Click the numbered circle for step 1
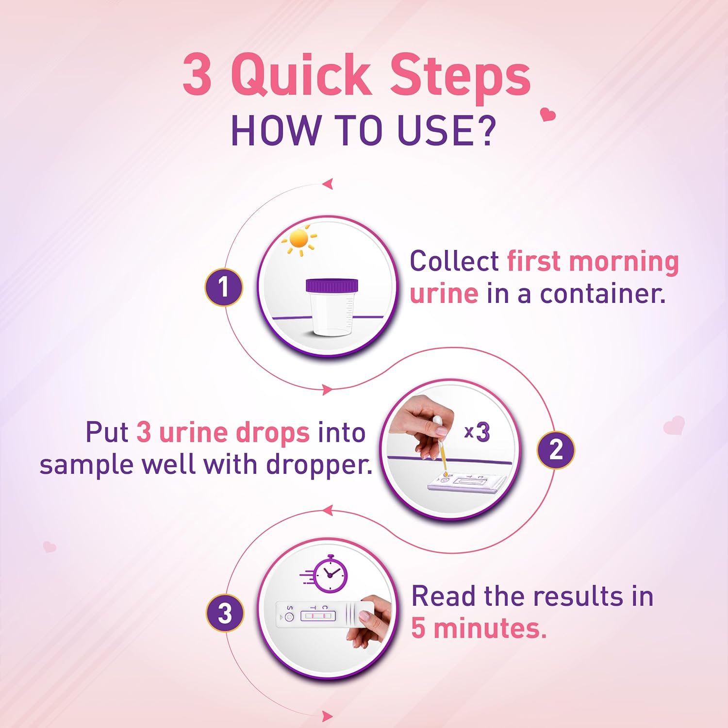[x=223, y=287]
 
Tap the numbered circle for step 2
[x=555, y=450]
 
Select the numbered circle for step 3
[x=225, y=613]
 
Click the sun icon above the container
[x=299, y=240]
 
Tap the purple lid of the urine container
[x=332, y=286]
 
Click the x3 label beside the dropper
[x=477, y=432]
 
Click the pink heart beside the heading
[x=548, y=115]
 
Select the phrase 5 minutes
[x=479, y=629]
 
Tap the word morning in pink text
[x=624, y=262]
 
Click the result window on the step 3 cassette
[x=318, y=616]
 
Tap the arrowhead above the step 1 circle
[x=329, y=184]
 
